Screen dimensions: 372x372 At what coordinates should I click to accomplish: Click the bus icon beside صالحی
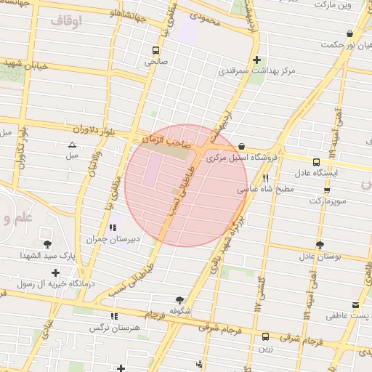tap(155, 51)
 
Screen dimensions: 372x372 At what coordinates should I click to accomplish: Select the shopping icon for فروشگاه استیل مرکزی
tap(241, 146)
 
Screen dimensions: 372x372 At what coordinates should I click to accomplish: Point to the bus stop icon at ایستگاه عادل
tap(315, 162)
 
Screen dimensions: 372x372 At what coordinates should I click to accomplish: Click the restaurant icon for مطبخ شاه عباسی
tap(266, 178)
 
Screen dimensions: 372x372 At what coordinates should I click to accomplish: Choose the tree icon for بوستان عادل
tap(320, 245)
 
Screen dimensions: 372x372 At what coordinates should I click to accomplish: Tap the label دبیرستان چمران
tap(113, 238)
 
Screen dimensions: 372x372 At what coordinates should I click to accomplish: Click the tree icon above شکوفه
tap(179, 299)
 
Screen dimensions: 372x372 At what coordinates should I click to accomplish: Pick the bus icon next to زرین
tap(265, 336)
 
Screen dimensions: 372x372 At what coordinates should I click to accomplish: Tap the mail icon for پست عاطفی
tap(355, 305)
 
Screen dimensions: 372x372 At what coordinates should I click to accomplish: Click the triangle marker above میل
tap(72, 145)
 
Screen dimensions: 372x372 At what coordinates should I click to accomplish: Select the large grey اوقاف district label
tap(68, 20)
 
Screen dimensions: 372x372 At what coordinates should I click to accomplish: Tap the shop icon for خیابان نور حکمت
tap(349, 33)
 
